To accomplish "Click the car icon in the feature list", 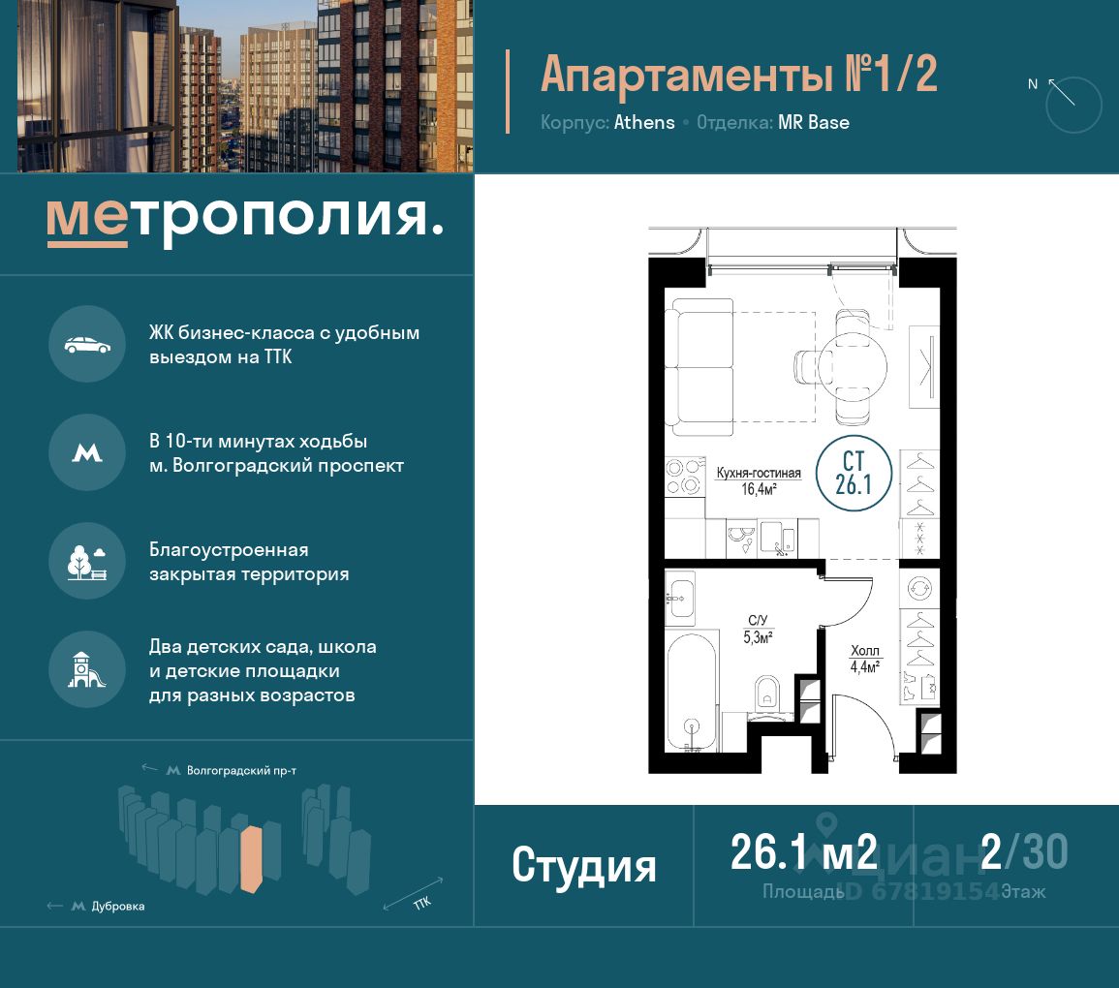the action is pyautogui.click(x=87, y=345).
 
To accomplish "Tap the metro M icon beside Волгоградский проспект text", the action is pyautogui.click(x=87, y=452).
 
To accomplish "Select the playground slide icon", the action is pyautogui.click(x=86, y=670).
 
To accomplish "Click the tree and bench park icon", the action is pyautogui.click(x=87, y=562).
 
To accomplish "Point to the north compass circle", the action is pyautogui.click(x=1073, y=105).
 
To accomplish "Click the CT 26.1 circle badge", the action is pyautogui.click(x=854, y=473).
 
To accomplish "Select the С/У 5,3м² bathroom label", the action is pyautogui.click(x=758, y=630).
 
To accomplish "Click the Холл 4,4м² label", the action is pyautogui.click(x=865, y=659).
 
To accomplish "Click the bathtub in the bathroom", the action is pyautogui.click(x=692, y=692).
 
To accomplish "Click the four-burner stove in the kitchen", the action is pyautogui.click(x=684, y=477).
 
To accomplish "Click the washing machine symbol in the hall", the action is pyautogui.click(x=919, y=589).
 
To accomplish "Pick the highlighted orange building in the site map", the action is pyautogui.click(x=251, y=859).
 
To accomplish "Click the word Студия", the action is pyautogui.click(x=584, y=866).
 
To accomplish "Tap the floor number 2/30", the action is pyautogui.click(x=1024, y=851).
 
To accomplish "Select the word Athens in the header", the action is pyautogui.click(x=644, y=123).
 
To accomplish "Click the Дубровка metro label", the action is pyautogui.click(x=118, y=906).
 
